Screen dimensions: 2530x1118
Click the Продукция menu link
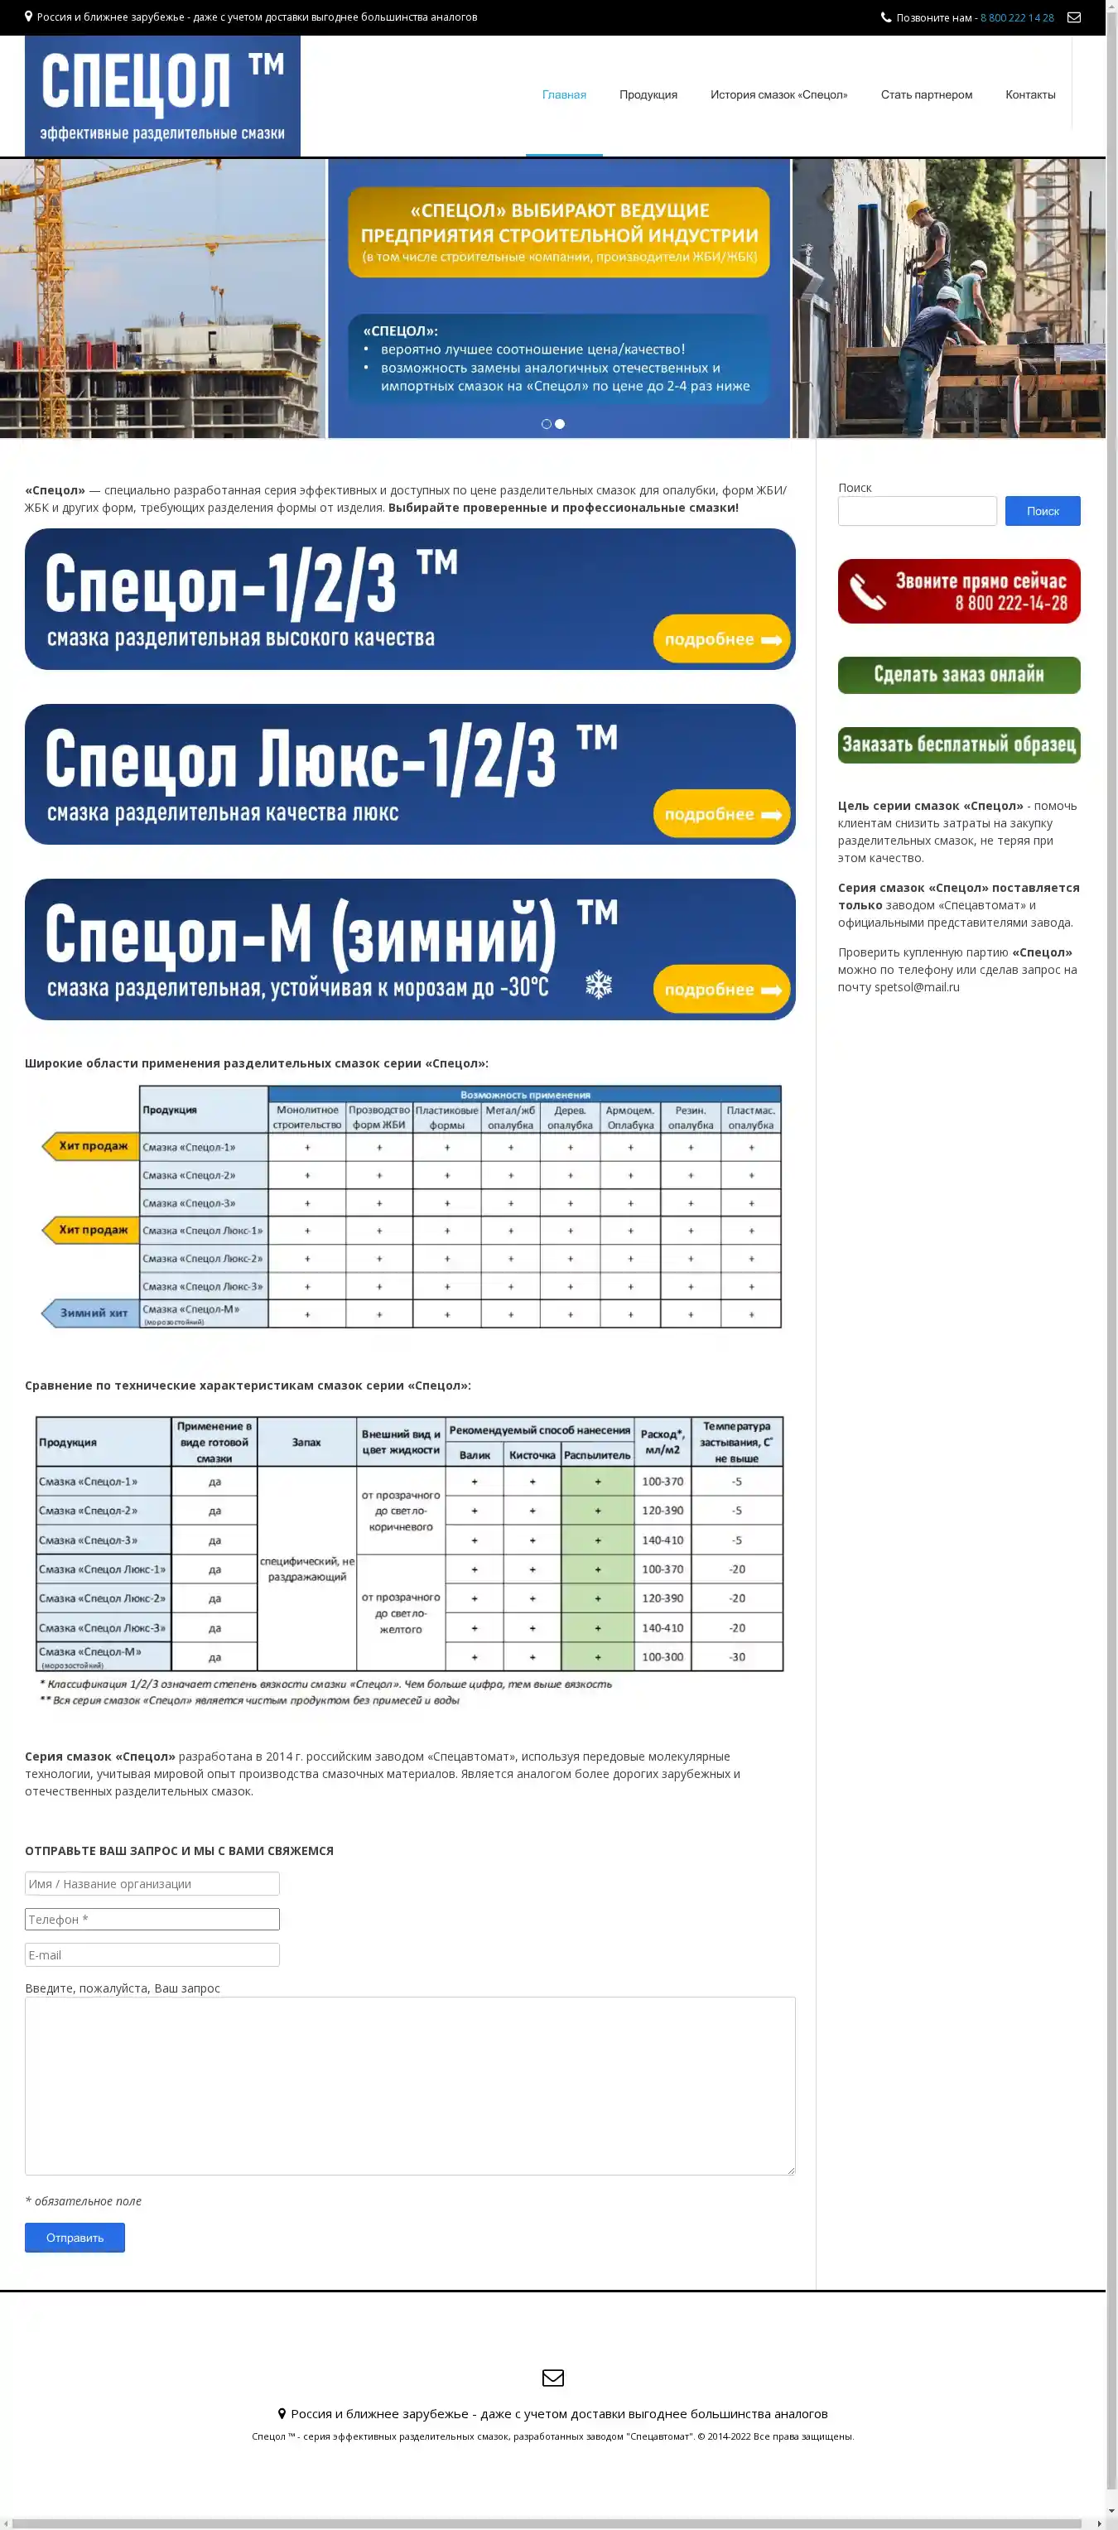[x=648, y=94]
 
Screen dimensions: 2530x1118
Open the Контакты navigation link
[x=1029, y=94]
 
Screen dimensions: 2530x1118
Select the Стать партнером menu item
[x=925, y=94]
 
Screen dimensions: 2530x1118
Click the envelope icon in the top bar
[x=1074, y=17]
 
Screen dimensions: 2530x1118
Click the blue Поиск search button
[x=1041, y=511]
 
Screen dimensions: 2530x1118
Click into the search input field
[x=917, y=511]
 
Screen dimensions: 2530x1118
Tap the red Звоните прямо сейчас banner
[x=958, y=591]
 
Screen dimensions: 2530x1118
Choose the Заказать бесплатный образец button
[x=958, y=745]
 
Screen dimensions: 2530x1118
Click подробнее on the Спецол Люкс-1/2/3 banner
[x=721, y=814]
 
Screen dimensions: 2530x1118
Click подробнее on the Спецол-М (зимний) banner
[x=721, y=989]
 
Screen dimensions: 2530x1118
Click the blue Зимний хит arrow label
[x=89, y=1313]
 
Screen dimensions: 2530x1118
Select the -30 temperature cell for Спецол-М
[x=737, y=1657]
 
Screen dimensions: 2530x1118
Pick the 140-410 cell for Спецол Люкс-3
[x=663, y=1627]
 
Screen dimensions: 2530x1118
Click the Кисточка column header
[x=532, y=1454]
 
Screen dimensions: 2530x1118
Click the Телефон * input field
[x=152, y=1919]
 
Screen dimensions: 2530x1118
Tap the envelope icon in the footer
[x=552, y=2377]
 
